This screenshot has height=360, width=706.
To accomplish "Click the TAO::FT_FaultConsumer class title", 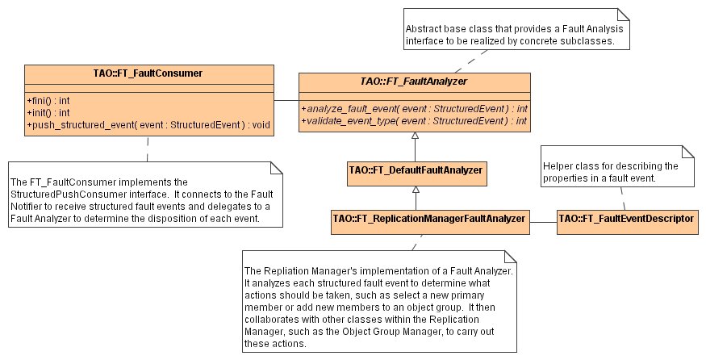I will pos(148,73).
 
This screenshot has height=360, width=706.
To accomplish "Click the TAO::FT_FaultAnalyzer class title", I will pos(415,81).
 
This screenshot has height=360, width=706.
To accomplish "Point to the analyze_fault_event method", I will pos(415,107).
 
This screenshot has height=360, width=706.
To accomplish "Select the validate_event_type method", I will pos(415,121).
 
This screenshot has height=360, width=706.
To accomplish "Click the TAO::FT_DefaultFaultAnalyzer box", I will pos(415,170).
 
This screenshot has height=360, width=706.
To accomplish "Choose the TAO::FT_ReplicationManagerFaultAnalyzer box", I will pos(430,219).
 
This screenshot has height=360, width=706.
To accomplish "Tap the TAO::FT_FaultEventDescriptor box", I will pos(627,219).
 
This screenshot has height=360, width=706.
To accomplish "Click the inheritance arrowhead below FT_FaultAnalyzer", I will pos(415,140).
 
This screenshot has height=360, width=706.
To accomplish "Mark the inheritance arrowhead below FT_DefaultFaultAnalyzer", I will pos(415,189).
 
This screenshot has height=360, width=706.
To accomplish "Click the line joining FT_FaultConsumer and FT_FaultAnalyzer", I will pos(286,100).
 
